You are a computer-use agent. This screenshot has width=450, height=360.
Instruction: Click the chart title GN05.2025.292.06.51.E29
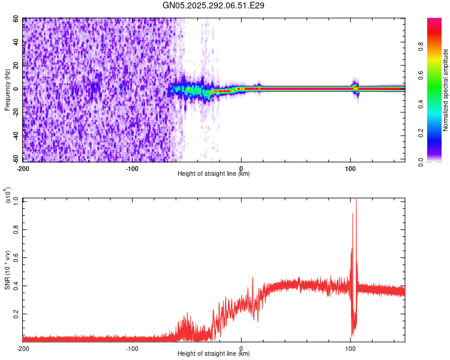point(214,5)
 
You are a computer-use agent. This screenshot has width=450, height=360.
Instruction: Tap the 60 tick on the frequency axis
point(16,19)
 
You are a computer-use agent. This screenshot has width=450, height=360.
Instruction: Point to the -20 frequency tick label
point(15,113)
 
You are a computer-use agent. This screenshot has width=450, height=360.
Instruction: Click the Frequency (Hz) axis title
point(7,89)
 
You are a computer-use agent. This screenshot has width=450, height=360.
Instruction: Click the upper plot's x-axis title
point(214,174)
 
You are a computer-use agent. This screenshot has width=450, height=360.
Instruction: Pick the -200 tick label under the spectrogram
point(23,168)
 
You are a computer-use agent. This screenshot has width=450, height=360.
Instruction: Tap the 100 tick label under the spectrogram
point(350,168)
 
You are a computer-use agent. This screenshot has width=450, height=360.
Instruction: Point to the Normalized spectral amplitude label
point(446,90)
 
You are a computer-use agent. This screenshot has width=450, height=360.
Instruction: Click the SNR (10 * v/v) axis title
point(7,269)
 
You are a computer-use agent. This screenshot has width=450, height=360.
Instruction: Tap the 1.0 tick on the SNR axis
point(16,200)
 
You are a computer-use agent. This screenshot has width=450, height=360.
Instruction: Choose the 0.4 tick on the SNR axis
point(16,285)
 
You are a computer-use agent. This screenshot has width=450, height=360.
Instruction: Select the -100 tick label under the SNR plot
point(132,348)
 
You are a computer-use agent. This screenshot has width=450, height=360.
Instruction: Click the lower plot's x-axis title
point(214,354)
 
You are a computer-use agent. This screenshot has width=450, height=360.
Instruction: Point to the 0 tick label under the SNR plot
point(241,348)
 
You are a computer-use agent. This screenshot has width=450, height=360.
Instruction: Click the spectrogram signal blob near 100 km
point(355,88)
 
